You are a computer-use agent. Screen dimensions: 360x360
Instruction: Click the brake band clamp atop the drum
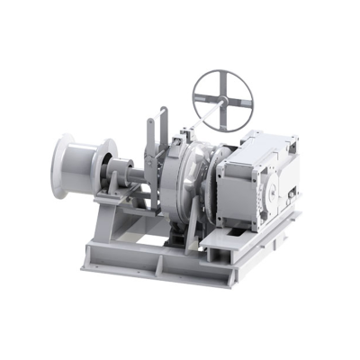(185, 135)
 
